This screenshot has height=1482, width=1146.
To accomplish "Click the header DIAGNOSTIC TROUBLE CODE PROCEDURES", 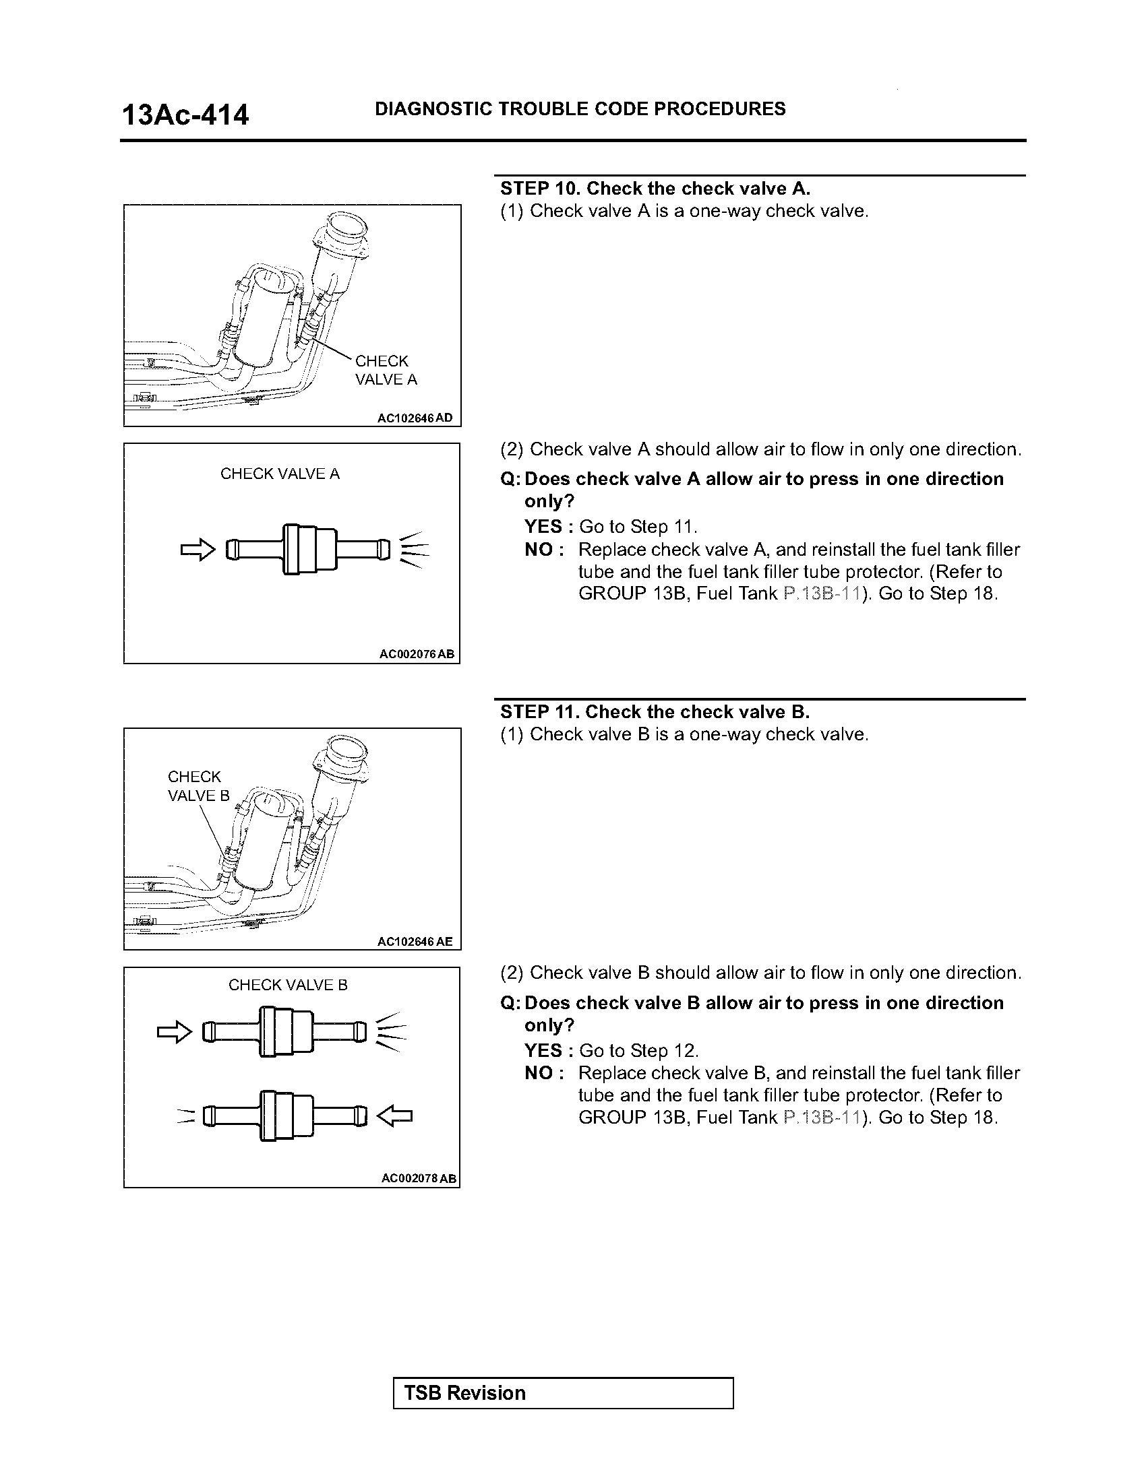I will coord(580,108).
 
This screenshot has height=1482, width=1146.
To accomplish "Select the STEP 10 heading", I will coord(655,189).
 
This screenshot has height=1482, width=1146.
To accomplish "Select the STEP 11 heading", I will coord(655,712).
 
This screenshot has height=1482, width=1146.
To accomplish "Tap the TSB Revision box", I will coord(563,1393).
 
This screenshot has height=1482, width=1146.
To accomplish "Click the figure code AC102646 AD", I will coord(415,418).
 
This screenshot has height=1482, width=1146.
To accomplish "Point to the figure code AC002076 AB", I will coord(417,654).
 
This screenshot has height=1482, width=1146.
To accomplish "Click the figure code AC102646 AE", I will coord(415,941).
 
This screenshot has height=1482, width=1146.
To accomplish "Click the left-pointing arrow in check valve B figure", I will coord(394,1116).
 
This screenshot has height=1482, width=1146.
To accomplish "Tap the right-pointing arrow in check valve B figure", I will coord(175,1033).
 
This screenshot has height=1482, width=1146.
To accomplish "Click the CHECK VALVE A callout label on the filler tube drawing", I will coord(386,370).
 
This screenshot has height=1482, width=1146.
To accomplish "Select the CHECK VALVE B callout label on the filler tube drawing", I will coord(198,785).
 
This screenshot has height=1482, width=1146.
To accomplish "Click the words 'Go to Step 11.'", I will coord(638,527).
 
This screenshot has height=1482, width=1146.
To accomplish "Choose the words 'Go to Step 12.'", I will coord(638,1050).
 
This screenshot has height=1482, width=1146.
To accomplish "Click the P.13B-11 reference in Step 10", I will coord(822,593).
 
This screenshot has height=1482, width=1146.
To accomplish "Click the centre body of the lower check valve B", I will coord(286,1116).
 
